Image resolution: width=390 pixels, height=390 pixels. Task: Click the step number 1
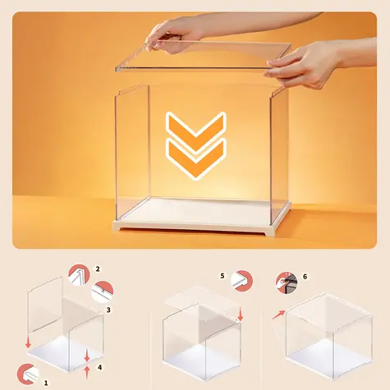click(46, 383)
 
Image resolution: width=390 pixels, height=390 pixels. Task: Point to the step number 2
click(98, 269)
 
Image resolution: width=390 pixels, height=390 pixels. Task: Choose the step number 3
click(108, 310)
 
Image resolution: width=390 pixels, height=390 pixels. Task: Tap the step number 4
click(100, 367)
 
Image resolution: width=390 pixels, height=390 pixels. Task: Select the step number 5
click(223, 276)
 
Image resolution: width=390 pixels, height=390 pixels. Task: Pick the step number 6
click(305, 277)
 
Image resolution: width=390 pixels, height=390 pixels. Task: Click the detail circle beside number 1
click(28, 374)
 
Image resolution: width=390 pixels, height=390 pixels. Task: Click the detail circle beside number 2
click(79, 275)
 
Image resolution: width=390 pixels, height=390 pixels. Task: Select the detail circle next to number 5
click(242, 281)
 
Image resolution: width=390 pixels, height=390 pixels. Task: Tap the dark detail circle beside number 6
click(287, 283)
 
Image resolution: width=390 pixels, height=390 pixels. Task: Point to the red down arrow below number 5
click(241, 314)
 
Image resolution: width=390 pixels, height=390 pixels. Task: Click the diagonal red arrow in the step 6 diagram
click(278, 314)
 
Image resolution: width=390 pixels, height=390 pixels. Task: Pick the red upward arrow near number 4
click(87, 373)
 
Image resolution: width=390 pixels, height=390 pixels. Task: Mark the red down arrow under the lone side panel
click(28, 342)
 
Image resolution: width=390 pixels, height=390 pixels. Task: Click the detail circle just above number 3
click(103, 291)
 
